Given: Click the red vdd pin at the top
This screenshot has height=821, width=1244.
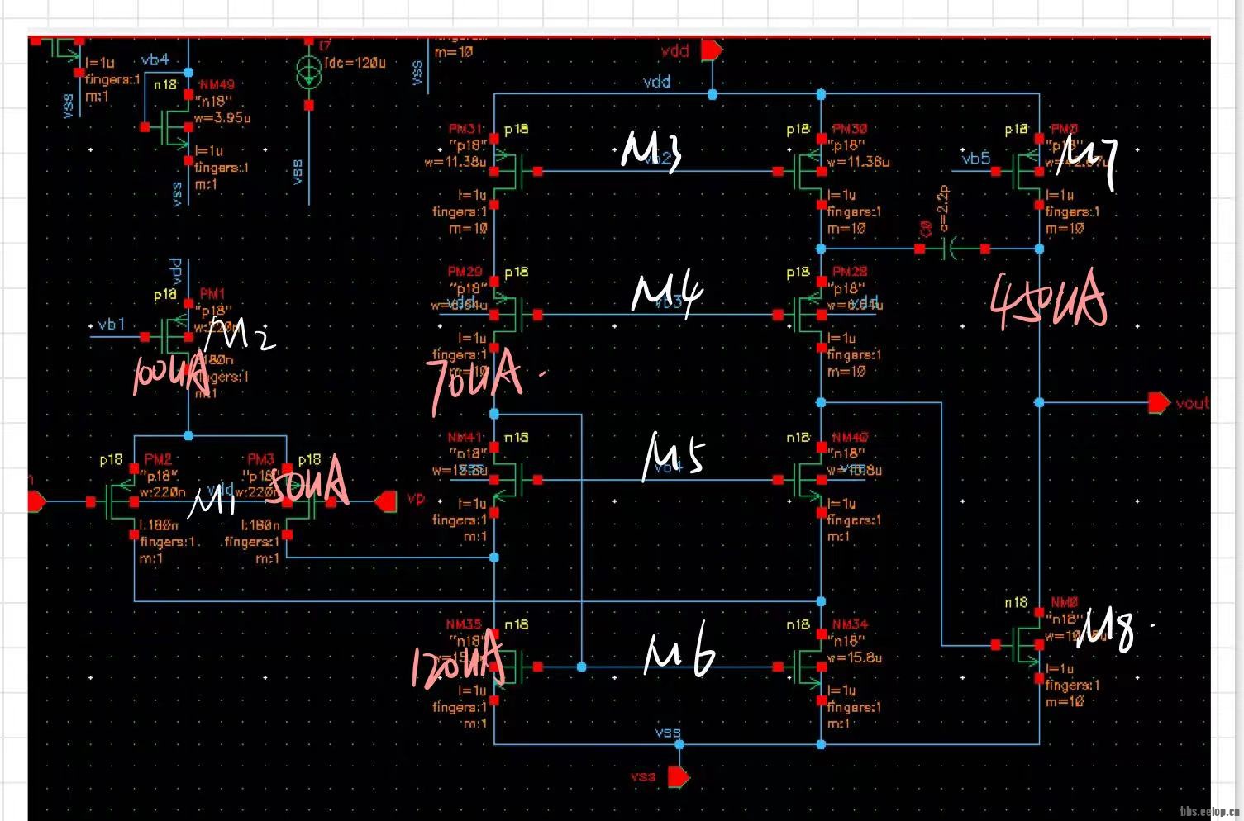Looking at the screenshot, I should [712, 50].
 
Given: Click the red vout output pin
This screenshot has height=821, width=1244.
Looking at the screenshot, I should [1160, 403].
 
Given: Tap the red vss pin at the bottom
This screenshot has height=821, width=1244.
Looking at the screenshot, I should [679, 776].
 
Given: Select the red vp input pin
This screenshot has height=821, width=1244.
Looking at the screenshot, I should [386, 501].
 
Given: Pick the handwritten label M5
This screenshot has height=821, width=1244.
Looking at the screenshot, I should [673, 456].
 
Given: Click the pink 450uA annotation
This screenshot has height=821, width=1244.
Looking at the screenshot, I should [1048, 301].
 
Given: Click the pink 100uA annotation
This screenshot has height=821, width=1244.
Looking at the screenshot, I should [169, 376].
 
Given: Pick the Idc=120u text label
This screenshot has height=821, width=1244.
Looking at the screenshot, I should [355, 63].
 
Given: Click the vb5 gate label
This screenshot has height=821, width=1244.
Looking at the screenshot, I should [975, 158].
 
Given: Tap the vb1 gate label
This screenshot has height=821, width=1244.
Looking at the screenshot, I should [111, 325].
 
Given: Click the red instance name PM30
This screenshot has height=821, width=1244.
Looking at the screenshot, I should [849, 129].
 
